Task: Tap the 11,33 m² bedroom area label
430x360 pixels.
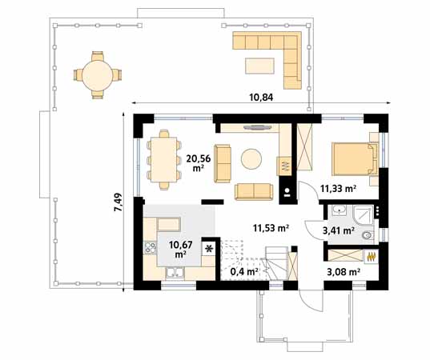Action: coord(338,189)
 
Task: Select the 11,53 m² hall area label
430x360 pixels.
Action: coord(270,227)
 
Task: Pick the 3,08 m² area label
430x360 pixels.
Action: coord(343,271)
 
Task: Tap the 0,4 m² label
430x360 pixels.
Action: coord(243,272)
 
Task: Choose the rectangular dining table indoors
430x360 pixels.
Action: coord(165,160)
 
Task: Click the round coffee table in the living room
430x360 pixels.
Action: coord(253,159)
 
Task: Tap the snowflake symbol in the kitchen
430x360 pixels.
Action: coord(210,249)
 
